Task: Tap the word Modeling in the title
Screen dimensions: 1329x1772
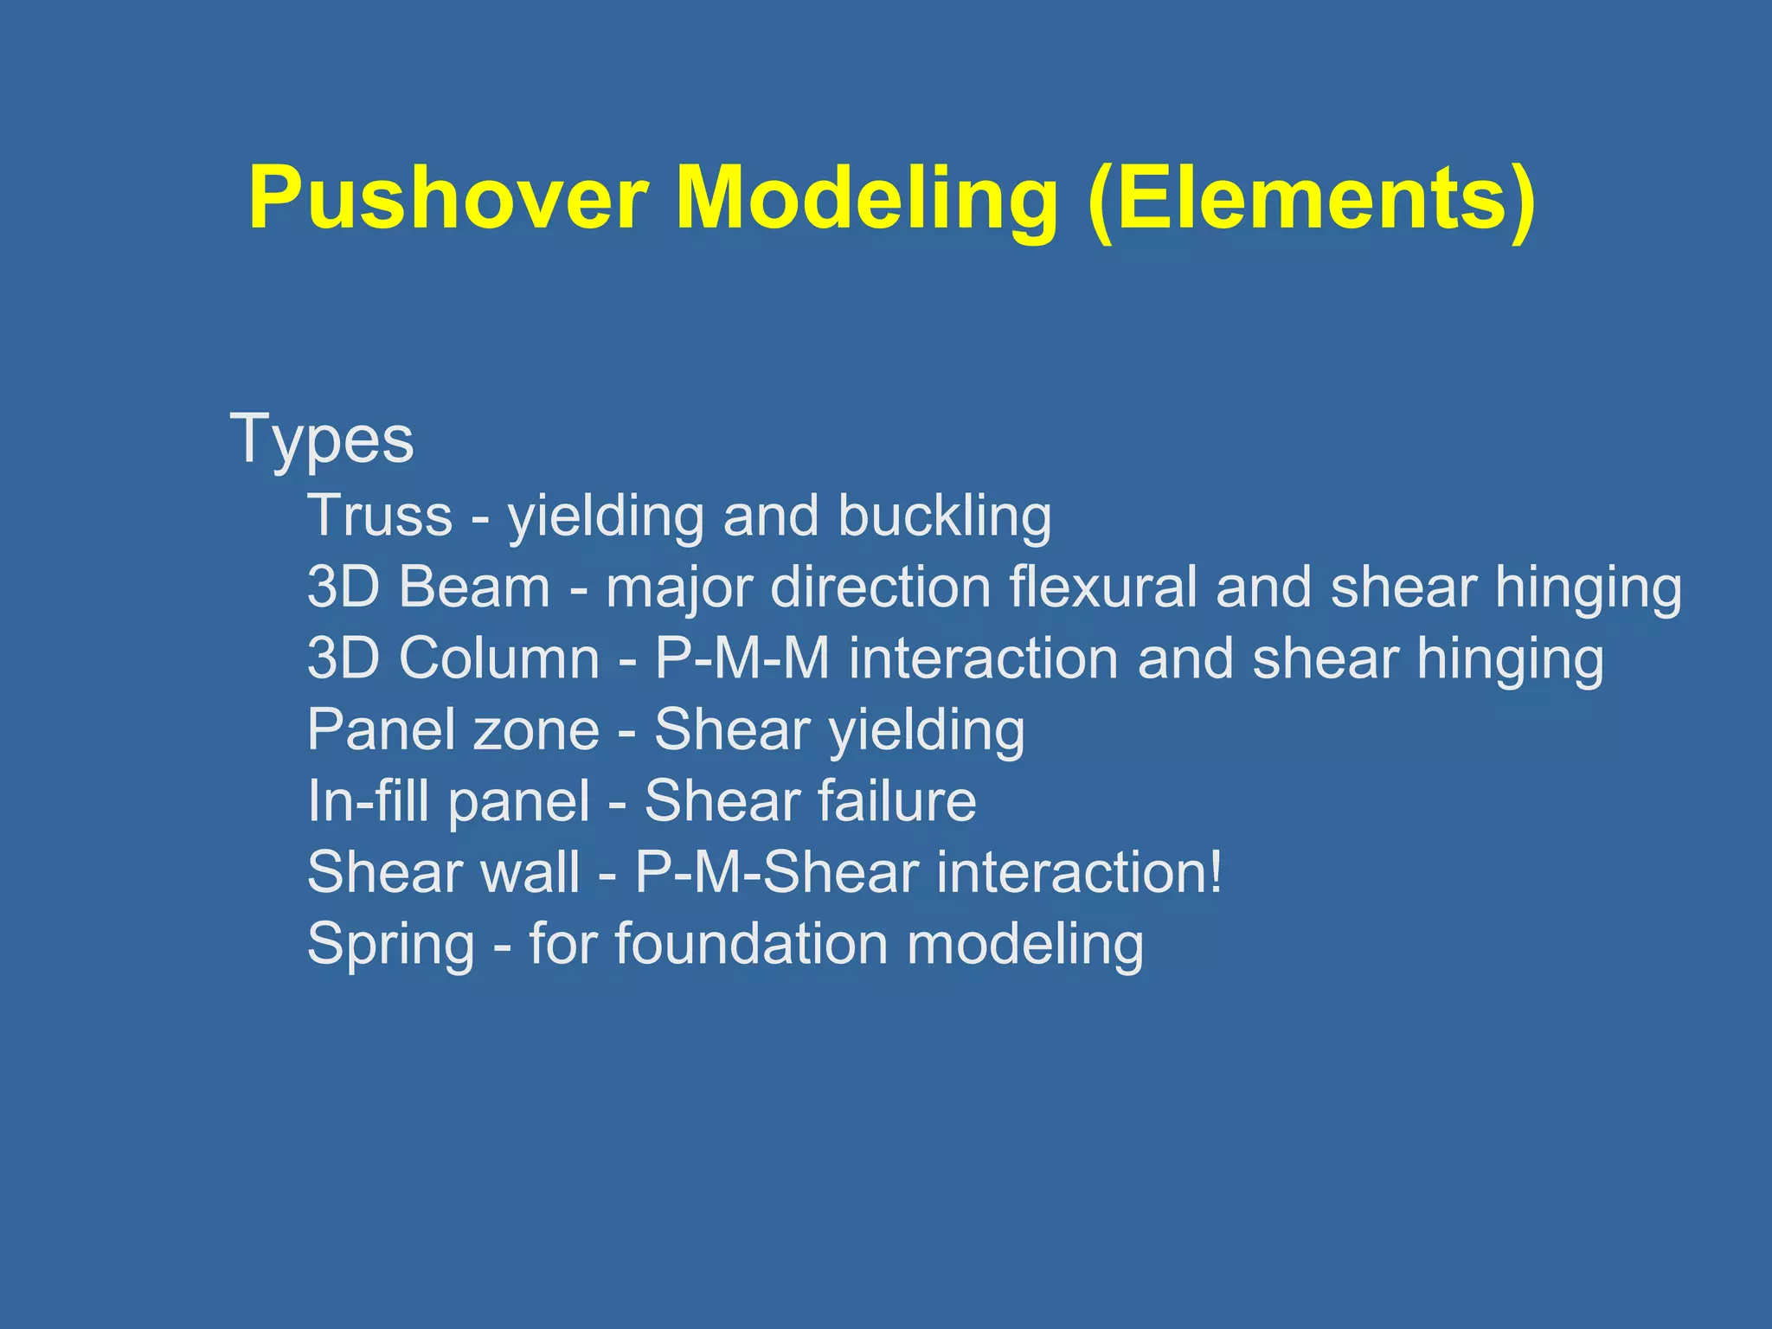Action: tap(866, 198)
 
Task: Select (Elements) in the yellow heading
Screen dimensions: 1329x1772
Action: tap(1312, 198)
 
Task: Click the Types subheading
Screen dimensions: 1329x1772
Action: tap(322, 440)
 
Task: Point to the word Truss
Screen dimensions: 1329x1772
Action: tap(380, 516)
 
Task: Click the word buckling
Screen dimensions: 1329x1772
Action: tap(944, 517)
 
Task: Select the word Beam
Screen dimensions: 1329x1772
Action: tap(474, 587)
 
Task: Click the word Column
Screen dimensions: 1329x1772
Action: tap(498, 658)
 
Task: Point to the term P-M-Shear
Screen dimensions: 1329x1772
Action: tap(776, 871)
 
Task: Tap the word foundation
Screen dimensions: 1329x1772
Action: tap(751, 943)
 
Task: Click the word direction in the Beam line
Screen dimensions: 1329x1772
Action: tap(880, 587)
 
